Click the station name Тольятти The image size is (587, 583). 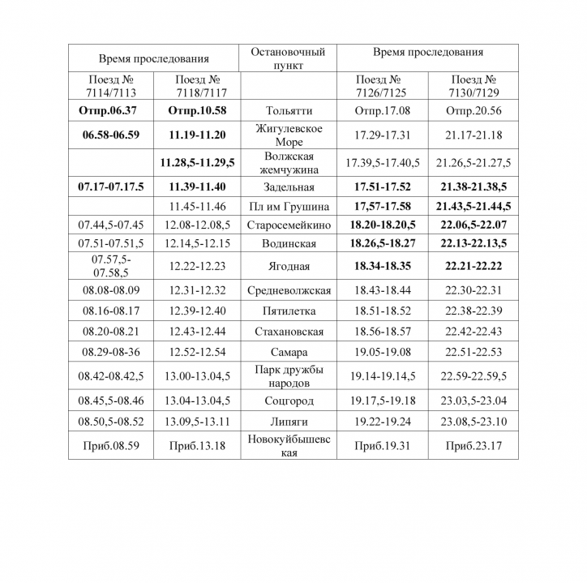click(x=288, y=110)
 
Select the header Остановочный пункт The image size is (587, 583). click(x=288, y=58)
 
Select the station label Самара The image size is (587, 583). click(x=289, y=353)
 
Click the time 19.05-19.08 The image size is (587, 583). click(x=381, y=353)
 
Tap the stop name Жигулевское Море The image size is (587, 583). click(x=289, y=135)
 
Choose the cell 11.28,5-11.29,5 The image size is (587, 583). click(x=197, y=163)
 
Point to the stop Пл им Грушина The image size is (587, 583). click(x=289, y=207)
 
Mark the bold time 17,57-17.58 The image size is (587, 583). click(x=381, y=207)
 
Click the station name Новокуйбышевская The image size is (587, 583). click(x=289, y=446)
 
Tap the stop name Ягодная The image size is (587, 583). click(x=289, y=266)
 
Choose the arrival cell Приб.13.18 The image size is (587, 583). click(x=197, y=446)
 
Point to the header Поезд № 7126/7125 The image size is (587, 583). click(x=381, y=86)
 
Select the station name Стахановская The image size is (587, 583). click(x=289, y=332)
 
